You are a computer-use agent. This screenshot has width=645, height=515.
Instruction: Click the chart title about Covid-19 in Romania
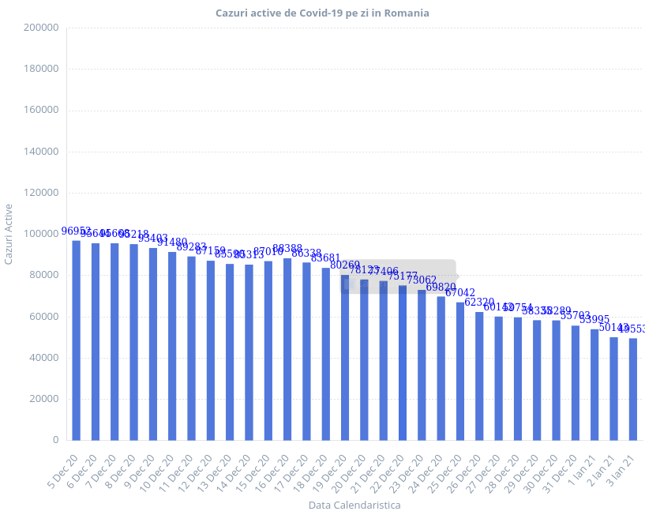coord(322,13)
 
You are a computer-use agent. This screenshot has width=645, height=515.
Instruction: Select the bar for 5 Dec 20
coord(76,340)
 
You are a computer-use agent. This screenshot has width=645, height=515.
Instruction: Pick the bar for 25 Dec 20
coord(459,370)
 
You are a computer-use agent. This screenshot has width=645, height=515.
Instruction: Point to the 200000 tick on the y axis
coord(42,28)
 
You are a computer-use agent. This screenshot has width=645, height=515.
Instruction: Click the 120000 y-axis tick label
coord(42,193)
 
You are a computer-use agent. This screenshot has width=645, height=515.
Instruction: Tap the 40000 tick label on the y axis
coord(44,358)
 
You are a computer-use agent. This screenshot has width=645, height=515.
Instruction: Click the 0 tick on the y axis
coord(55,440)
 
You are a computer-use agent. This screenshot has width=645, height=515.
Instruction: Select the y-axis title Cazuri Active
coord(9,234)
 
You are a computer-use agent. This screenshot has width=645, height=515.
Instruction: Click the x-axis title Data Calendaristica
coord(354,505)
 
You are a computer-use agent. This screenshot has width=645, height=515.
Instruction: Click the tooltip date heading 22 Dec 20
coord(368,269)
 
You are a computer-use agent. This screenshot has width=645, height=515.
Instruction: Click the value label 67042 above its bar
coord(460,293)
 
